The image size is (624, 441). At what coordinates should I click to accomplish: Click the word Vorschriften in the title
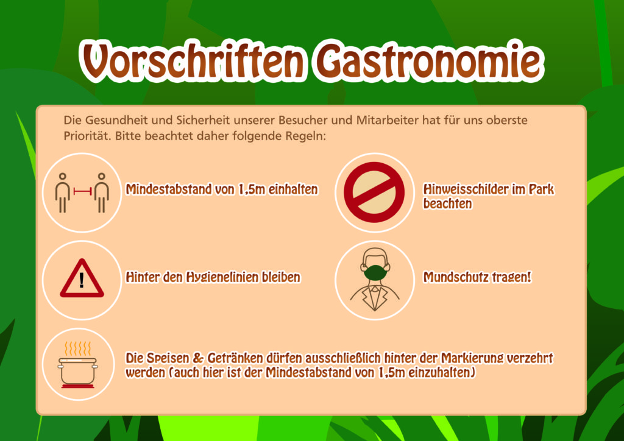pyautogui.click(x=194, y=61)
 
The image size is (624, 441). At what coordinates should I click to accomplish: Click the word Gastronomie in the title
pyautogui.click(x=429, y=61)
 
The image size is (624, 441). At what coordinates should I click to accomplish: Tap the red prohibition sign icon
pyautogui.click(x=374, y=192)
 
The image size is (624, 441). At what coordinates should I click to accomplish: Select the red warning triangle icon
pyautogui.click(x=82, y=278)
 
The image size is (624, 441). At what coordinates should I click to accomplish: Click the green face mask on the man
pyautogui.click(x=375, y=273)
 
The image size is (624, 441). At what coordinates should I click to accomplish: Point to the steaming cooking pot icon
pyautogui.click(x=78, y=365)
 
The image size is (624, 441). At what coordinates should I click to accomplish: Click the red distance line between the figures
pyautogui.click(x=82, y=191)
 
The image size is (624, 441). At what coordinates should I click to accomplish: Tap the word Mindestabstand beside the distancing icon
pyautogui.click(x=169, y=189)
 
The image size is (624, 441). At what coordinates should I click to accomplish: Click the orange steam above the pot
pyautogui.click(x=77, y=348)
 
